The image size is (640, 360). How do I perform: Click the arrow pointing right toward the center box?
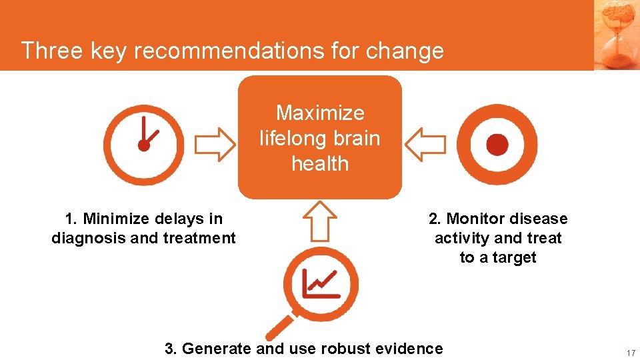(214, 145)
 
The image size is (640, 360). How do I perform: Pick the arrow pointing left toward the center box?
(425, 145)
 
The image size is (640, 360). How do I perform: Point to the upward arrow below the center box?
(321, 220)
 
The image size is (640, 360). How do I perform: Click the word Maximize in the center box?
(320, 113)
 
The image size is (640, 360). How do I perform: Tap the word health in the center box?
(320, 163)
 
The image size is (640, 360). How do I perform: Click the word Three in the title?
(47, 51)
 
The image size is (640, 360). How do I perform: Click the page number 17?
(630, 353)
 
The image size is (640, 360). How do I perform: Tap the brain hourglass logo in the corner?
(616, 33)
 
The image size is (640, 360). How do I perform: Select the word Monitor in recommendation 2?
(472, 219)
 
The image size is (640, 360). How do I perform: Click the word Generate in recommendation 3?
(216, 348)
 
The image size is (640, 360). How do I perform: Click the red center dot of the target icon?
(497, 145)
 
